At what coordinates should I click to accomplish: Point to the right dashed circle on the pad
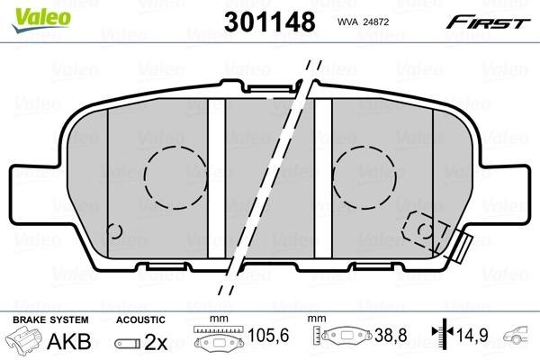365,169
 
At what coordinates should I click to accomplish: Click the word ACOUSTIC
140,319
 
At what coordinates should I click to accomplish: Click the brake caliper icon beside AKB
24,343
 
